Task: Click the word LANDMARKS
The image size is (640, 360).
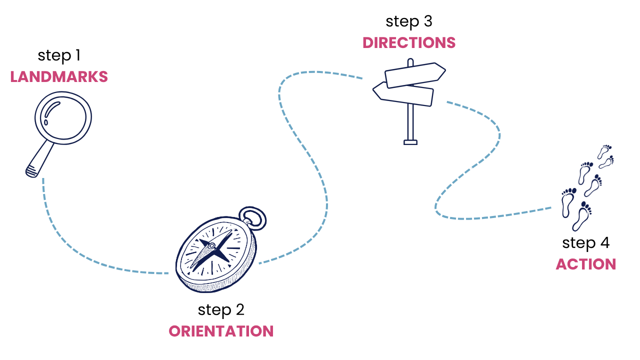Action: point(59,77)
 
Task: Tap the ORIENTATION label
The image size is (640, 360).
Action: point(221,331)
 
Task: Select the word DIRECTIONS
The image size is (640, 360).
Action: point(409,43)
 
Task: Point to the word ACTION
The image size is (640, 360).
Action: point(585,264)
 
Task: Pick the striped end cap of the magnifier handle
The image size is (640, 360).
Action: point(31,172)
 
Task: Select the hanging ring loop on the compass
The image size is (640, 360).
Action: point(253,218)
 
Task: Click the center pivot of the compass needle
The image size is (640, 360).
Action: point(212,246)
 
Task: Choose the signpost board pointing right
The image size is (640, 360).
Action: point(415,74)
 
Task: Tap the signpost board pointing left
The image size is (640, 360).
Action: point(403,94)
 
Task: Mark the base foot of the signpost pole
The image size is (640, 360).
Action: point(410,142)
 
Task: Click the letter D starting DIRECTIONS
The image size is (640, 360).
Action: point(367,43)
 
